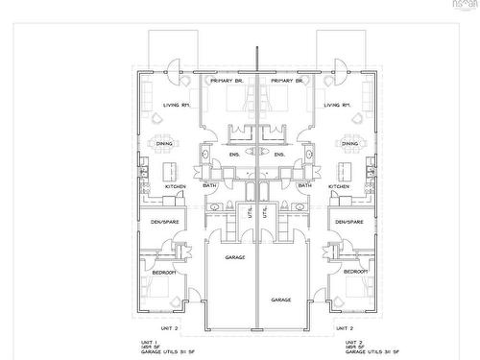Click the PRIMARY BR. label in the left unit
(228, 82)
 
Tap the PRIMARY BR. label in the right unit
(286, 82)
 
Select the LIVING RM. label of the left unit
(177, 105)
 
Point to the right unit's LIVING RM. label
(337, 105)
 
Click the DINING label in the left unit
(165, 144)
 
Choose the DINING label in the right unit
(349, 144)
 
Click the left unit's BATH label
(208, 186)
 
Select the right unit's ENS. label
(279, 154)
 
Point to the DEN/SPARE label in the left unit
(165, 223)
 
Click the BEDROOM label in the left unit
(162, 274)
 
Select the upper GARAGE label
(235, 258)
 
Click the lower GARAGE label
(280, 300)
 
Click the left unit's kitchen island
(174, 171)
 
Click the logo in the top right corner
(463, 8)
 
